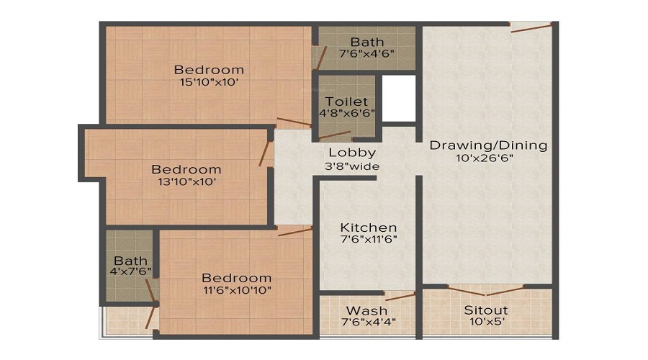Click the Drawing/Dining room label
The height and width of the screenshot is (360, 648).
tap(488, 145)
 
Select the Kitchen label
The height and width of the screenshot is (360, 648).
tap(369, 227)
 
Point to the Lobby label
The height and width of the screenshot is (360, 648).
tap(352, 153)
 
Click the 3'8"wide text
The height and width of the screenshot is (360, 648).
tap(352, 166)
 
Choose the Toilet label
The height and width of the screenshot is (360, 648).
tap(346, 102)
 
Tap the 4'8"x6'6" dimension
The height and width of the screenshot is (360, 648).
tap(347, 114)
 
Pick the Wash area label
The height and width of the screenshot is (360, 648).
tap(367, 310)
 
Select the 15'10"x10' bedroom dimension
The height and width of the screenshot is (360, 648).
tap(209, 83)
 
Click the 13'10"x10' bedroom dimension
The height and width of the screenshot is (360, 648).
tap(186, 182)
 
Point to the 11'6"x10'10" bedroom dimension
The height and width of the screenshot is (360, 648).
tap(236, 290)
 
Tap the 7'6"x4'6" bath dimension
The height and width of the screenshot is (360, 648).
tap(367, 55)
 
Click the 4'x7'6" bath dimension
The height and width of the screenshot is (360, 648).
tap(130, 273)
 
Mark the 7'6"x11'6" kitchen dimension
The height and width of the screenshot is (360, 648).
tap(369, 239)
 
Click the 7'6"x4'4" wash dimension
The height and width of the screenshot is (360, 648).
tap(367, 322)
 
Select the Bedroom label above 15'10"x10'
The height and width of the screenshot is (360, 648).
tap(209, 70)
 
